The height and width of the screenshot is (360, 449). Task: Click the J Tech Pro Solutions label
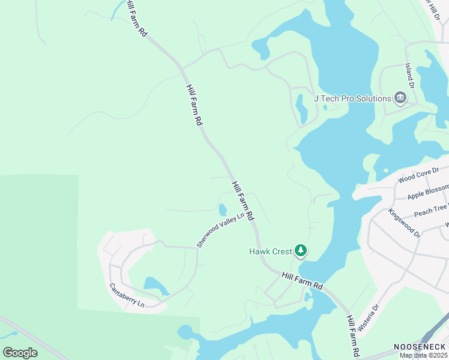352,98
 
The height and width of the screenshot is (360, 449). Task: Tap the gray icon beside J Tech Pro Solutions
400,98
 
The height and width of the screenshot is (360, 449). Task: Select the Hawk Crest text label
270,251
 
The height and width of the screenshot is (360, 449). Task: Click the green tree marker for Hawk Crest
301,251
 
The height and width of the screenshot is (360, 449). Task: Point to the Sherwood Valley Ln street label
221,230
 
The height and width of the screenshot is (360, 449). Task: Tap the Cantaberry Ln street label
127,296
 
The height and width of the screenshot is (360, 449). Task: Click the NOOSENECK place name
420,347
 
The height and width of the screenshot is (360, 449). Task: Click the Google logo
20,353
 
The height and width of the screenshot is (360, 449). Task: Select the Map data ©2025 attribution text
423,355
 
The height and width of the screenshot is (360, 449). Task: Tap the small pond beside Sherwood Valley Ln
223,210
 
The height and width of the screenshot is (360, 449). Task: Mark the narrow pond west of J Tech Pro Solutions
301,108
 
